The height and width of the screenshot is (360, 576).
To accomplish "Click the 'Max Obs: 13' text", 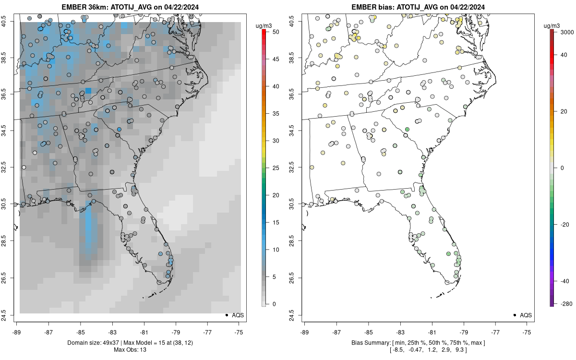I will coord(130,349).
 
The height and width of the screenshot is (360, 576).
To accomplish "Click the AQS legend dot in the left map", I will coord(226,315).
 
